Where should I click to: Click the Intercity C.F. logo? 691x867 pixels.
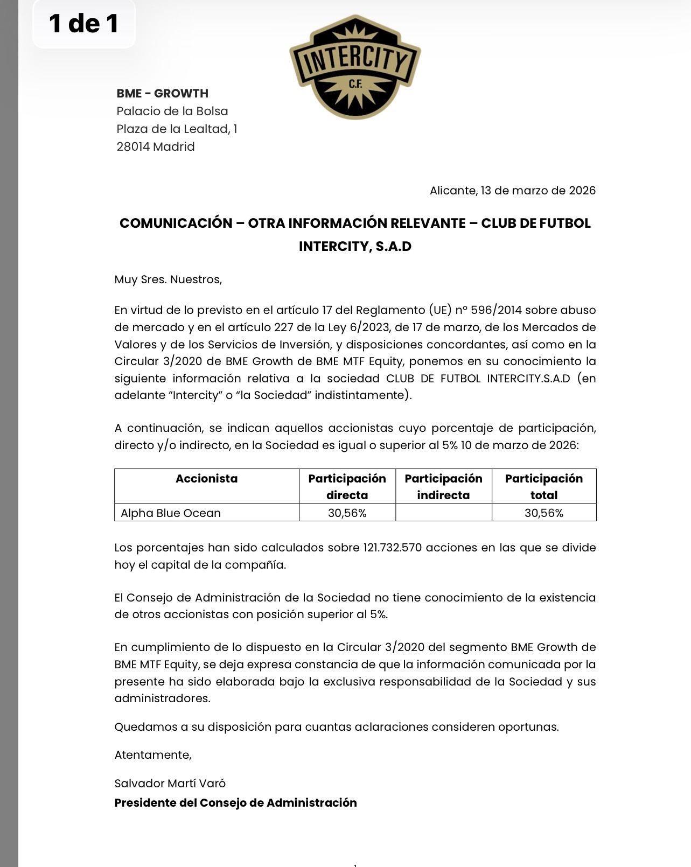(x=355, y=67)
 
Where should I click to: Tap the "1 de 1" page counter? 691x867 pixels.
(x=83, y=24)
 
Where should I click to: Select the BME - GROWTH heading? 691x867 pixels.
(x=162, y=93)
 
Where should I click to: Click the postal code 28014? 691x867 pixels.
(x=134, y=146)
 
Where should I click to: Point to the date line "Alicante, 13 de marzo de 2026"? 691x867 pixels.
(x=512, y=191)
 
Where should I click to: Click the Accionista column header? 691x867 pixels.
(x=206, y=479)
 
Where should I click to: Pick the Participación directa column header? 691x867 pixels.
(x=347, y=486)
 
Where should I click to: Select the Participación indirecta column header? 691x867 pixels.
(x=443, y=486)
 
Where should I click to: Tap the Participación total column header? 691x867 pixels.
(x=543, y=486)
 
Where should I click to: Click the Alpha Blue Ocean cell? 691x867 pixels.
(x=171, y=513)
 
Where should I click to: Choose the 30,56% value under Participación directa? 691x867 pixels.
(x=347, y=513)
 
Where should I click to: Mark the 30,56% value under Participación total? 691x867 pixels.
(x=543, y=513)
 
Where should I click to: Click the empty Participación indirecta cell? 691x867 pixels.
(x=443, y=512)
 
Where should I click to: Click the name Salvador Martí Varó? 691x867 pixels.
(x=170, y=783)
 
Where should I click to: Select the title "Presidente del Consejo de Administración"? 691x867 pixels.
(x=235, y=802)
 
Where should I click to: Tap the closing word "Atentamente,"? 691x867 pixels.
(x=153, y=755)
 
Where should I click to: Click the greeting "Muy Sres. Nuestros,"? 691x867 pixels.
(x=168, y=279)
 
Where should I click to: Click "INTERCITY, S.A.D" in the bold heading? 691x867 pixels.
(x=355, y=247)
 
